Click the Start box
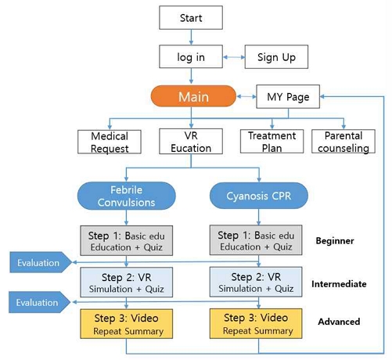click(191, 17)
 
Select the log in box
click(191, 57)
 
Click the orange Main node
click(192, 98)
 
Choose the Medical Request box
click(103, 142)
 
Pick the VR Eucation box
click(185, 142)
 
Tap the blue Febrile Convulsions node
click(126, 196)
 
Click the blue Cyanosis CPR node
click(257, 196)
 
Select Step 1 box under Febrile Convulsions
click(126, 240)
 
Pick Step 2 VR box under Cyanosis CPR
click(257, 282)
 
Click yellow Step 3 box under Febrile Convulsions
click(126, 323)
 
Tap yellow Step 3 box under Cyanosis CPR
click(257, 323)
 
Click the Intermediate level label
click(338, 283)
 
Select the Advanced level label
click(338, 322)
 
